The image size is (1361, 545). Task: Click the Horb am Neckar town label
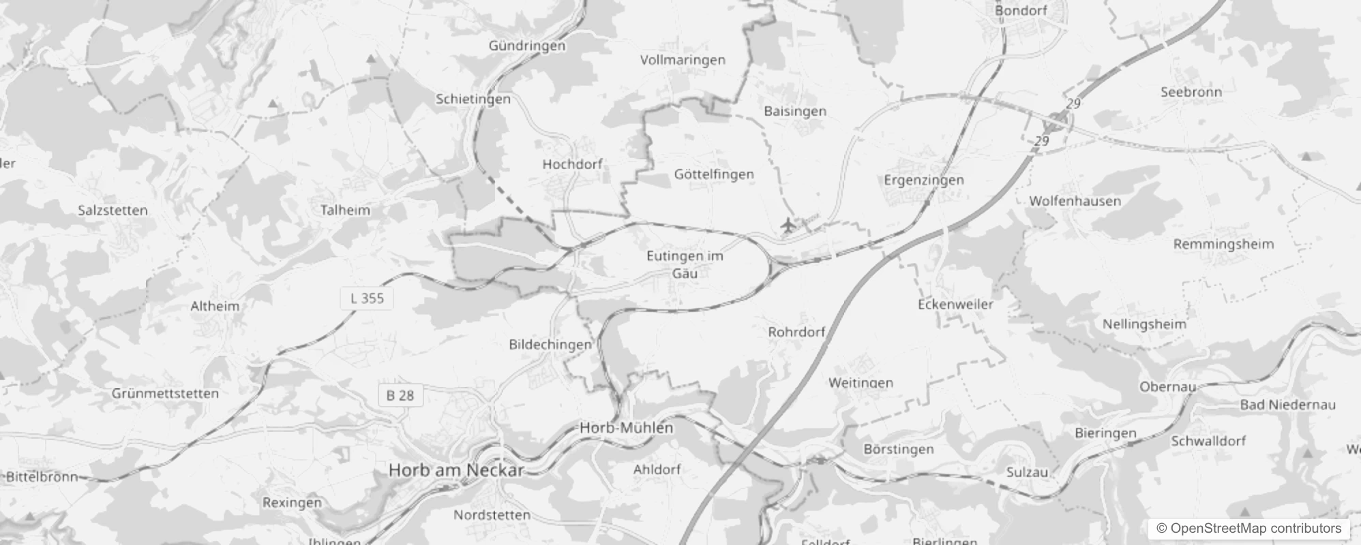pos(456,470)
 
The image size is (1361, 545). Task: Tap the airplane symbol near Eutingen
pos(788,224)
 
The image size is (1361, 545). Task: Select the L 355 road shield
pos(367,298)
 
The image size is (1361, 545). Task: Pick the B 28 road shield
pos(400,395)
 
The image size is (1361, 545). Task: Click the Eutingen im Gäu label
pos(685,264)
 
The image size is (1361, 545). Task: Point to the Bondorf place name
pos(1021,10)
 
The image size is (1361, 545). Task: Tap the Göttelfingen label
pos(714,174)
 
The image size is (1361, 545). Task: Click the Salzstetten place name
pos(113,211)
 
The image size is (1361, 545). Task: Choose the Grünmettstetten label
pos(165,394)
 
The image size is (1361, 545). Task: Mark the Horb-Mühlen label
pos(626,429)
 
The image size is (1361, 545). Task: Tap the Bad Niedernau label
pos(1287,405)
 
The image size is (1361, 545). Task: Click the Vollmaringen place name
pos(683,60)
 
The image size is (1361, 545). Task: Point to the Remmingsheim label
pos(1223,244)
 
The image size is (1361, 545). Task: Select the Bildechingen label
pos(550,345)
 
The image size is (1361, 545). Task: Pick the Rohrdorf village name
pos(796,332)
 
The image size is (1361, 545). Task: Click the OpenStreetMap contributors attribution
pos(1248,529)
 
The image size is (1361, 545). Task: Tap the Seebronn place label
pos(1191,92)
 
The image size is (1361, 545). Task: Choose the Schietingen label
pos(473,99)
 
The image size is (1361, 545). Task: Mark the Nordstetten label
pos(492,515)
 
